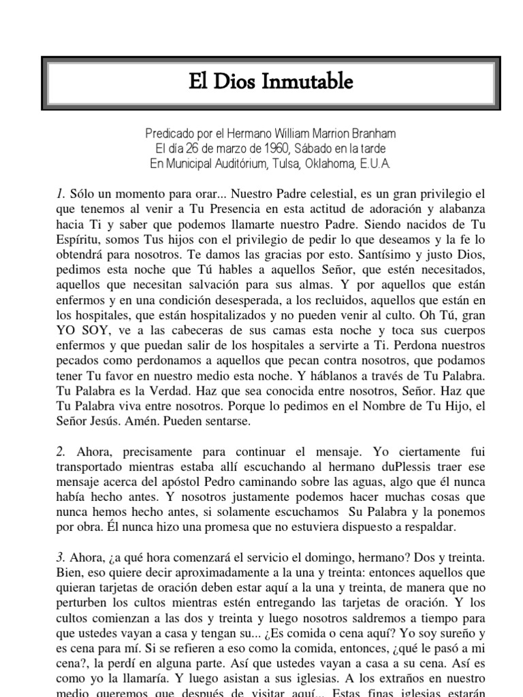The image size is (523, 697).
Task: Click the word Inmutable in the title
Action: pos(311,83)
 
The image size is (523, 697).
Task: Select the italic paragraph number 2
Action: pos(60,451)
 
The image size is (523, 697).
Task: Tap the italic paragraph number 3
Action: pos(60,557)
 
